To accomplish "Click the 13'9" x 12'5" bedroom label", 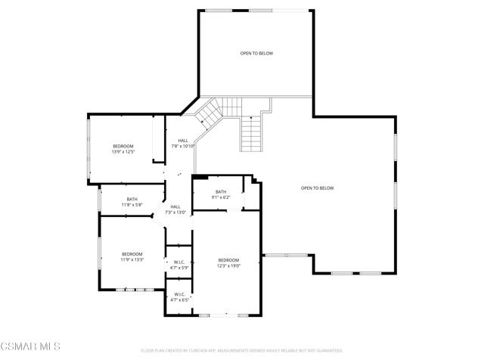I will [123, 149].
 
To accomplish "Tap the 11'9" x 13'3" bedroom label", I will [132, 257].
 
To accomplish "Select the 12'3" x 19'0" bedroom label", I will [228, 262].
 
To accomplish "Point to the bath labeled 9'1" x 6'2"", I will [221, 194].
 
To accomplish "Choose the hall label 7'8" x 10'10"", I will [183, 144].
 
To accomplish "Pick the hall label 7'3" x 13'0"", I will [175, 209].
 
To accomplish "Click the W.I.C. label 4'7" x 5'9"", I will [179, 265].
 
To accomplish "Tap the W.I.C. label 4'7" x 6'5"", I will [179, 297].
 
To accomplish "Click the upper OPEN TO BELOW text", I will [256, 54].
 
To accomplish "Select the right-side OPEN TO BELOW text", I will [317, 188].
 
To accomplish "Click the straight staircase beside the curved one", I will [251, 135].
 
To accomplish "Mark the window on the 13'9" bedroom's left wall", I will [90, 149].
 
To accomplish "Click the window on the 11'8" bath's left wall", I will [100, 201].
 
